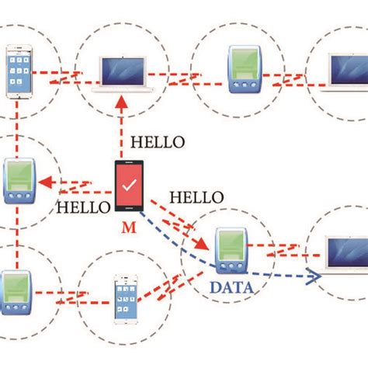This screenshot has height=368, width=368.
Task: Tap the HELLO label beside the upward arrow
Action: [159, 142]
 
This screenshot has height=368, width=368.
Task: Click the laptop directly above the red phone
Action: [124, 75]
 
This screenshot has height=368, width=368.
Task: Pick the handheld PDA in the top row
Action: [241, 69]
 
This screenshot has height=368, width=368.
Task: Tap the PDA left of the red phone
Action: [16, 182]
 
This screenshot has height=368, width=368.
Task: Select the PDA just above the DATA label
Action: [231, 250]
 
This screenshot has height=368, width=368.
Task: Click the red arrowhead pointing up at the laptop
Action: [120, 104]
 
